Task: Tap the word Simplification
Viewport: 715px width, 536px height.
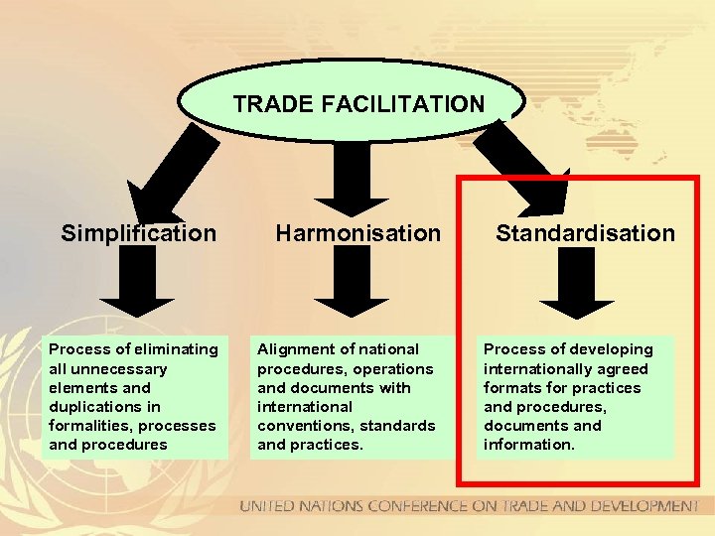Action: coord(138,233)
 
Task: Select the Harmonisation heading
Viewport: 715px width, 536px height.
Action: coord(357,233)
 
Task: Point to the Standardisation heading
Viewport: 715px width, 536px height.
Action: coord(585,233)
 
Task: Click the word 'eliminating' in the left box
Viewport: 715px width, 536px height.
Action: coord(176,349)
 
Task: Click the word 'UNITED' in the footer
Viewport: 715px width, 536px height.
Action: coord(269,506)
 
